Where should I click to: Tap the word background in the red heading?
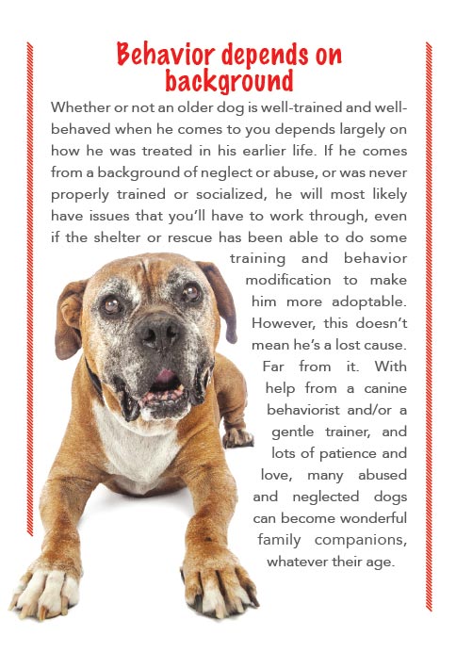click(x=228, y=79)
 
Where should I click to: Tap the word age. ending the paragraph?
click(x=381, y=562)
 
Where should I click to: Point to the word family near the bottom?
click(x=282, y=540)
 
